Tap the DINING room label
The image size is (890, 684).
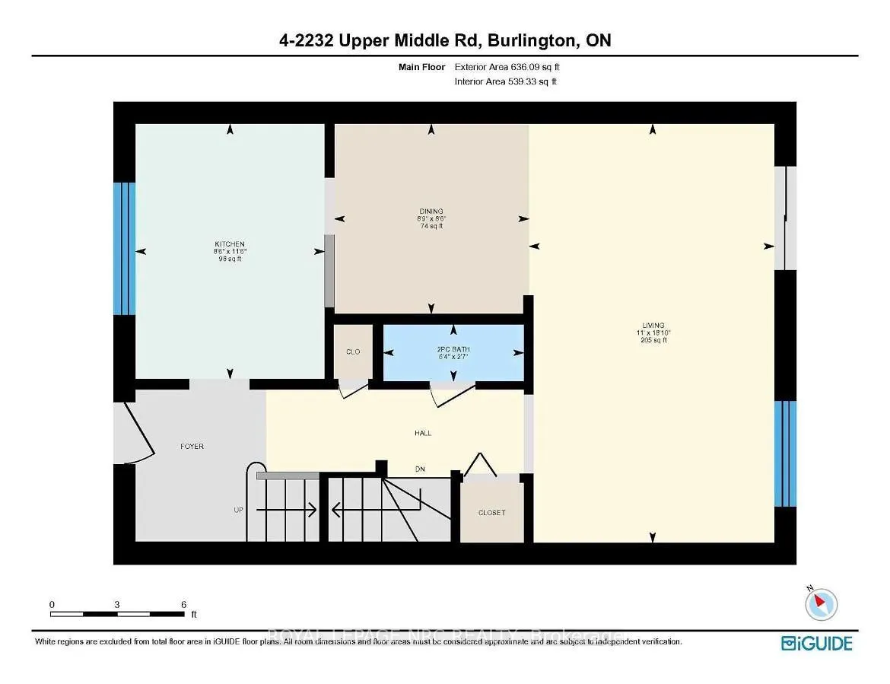(x=431, y=212)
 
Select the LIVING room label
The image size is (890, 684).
(x=652, y=326)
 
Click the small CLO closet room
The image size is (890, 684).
(x=353, y=352)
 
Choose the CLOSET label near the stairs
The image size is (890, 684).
(x=491, y=513)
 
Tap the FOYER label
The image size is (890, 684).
(x=192, y=447)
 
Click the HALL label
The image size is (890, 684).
(x=423, y=433)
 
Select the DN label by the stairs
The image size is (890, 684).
(x=419, y=469)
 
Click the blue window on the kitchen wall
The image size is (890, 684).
(x=125, y=249)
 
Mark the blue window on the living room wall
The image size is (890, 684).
(x=785, y=453)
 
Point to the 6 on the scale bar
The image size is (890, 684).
(x=183, y=604)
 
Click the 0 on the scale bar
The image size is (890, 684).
(x=52, y=604)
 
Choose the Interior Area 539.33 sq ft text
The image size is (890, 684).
(x=505, y=81)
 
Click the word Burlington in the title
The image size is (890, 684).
(x=528, y=40)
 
